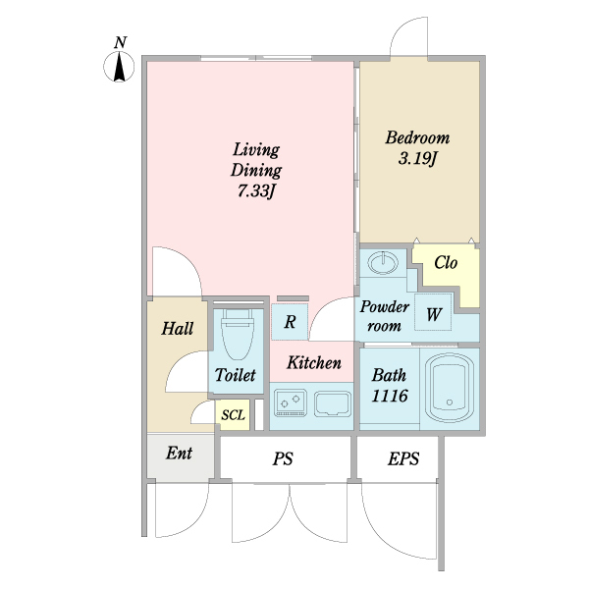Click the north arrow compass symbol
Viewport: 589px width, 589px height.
point(119,67)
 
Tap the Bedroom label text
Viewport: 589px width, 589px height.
point(417,137)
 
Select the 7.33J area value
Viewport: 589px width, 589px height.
point(256,191)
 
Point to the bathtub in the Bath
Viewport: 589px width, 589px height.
point(450,388)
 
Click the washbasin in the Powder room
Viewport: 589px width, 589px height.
point(383,262)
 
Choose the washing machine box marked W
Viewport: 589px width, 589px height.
point(433,312)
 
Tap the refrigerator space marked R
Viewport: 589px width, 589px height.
point(290,322)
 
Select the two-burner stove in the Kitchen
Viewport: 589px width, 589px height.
point(291,403)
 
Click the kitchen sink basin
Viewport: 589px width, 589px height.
point(333,403)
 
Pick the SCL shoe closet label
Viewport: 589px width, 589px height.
point(233,415)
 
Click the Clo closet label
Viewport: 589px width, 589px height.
point(446,262)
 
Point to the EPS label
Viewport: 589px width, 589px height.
point(403,458)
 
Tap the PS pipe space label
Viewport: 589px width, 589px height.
point(283,459)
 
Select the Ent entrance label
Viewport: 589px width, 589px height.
point(180,453)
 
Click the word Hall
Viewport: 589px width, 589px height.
point(178,328)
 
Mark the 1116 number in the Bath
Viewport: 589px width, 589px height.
point(390,396)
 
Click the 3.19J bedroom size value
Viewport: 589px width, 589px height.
point(418,158)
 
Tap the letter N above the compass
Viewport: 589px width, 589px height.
point(120,42)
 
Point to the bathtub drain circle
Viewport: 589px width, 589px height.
point(450,402)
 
